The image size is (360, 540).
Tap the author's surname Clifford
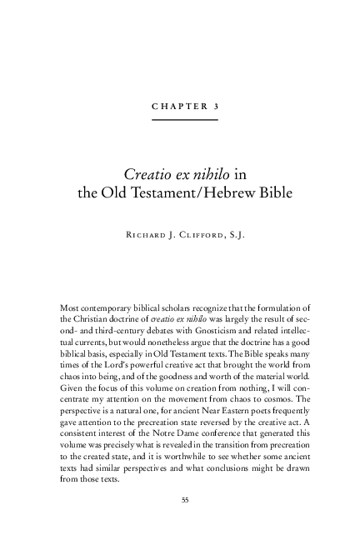[x=211, y=236]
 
